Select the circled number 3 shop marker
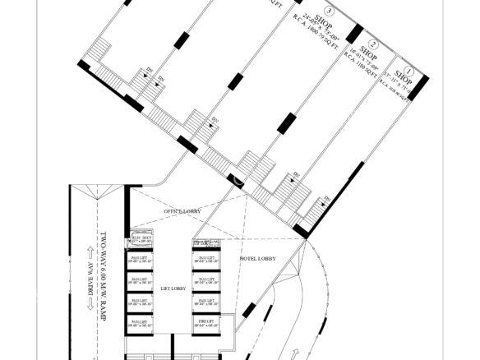coord(330,12)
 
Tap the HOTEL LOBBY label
coord(257,259)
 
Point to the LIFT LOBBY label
coord(173,289)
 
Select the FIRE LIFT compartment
coord(205,324)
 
